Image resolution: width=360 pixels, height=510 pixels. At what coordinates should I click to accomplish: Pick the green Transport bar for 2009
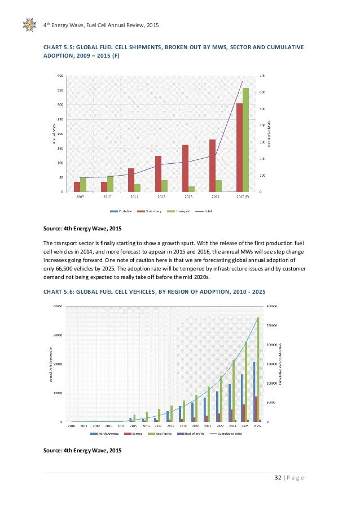coord(84,185)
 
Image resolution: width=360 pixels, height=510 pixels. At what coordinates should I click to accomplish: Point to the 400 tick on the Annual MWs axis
coord(60,76)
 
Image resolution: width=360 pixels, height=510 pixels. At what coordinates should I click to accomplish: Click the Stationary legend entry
coord(152,211)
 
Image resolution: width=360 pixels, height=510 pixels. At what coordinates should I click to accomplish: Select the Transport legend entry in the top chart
coord(182,211)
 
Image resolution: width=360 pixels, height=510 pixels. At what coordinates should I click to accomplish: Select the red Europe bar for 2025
coord(256,409)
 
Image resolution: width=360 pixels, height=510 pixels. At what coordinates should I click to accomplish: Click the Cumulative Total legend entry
coord(229,434)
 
